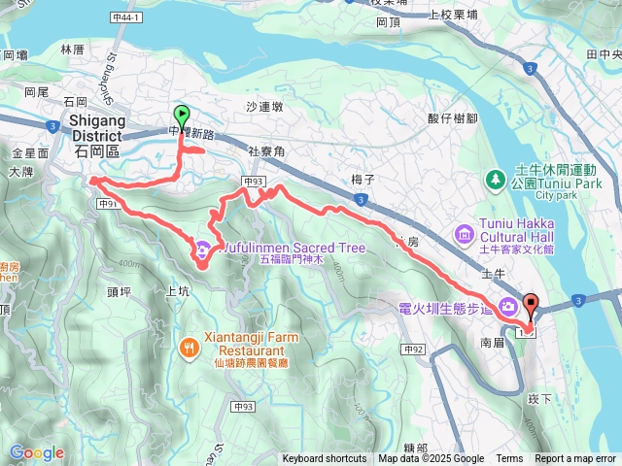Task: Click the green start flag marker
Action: (x=180, y=116)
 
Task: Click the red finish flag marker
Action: (x=531, y=304)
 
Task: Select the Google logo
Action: (x=36, y=452)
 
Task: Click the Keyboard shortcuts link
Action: (x=325, y=459)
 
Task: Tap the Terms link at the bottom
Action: (x=509, y=459)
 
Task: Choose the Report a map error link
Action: (x=576, y=459)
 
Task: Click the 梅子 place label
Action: (x=363, y=166)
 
